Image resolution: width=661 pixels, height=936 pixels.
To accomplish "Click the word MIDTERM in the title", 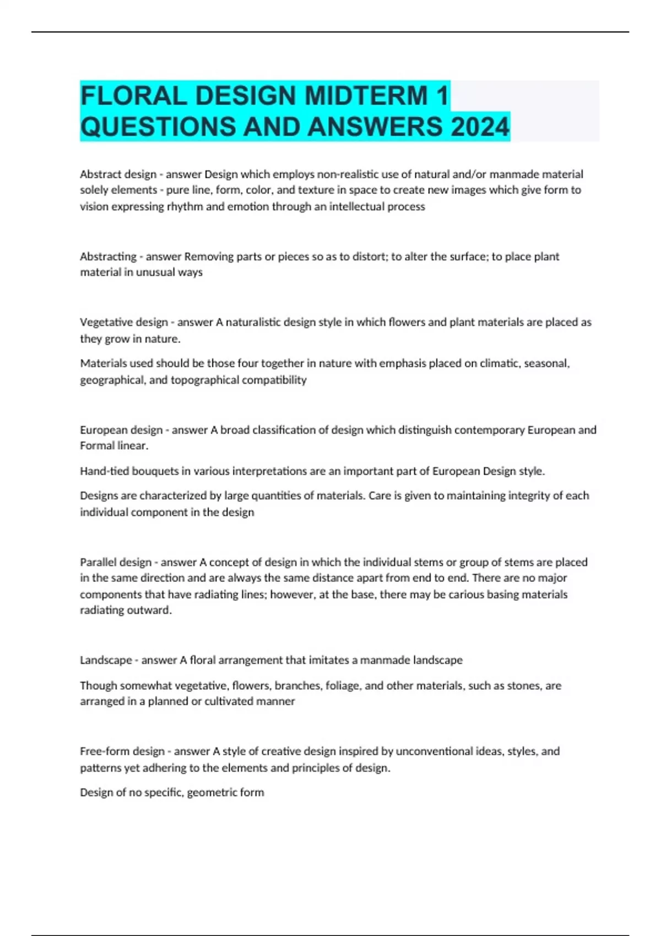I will click(366, 96).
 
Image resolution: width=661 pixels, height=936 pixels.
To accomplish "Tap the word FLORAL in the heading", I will click(133, 96).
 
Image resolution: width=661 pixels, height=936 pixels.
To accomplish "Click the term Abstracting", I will click(108, 257).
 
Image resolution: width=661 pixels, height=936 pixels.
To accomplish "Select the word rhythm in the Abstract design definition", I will click(185, 206).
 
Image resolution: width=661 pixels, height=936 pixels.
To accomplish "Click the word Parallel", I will click(97, 562).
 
